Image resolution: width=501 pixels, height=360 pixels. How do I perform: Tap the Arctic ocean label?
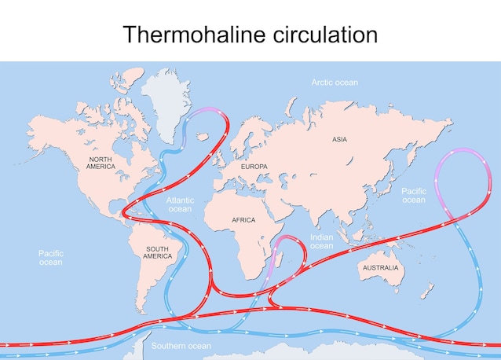click(x=335, y=83)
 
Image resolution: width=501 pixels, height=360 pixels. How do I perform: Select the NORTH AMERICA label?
click(x=101, y=163)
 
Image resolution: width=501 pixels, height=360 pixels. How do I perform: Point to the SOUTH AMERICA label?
click(x=158, y=252)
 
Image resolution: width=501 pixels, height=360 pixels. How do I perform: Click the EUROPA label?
click(x=254, y=167)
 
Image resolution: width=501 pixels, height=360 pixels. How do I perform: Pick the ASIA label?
click(x=339, y=139)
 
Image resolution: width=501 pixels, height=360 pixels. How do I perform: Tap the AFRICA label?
click(x=243, y=220)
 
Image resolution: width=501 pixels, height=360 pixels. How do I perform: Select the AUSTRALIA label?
click(x=380, y=268)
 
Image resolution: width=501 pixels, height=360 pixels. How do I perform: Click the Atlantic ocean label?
click(x=180, y=204)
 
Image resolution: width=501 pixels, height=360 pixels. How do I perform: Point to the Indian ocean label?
click(x=321, y=241)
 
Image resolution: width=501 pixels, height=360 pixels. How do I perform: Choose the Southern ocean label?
click(x=181, y=346)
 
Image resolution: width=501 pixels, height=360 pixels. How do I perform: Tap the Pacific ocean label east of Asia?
click(x=414, y=195)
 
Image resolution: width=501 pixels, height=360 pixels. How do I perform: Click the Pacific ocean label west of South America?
click(x=51, y=257)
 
